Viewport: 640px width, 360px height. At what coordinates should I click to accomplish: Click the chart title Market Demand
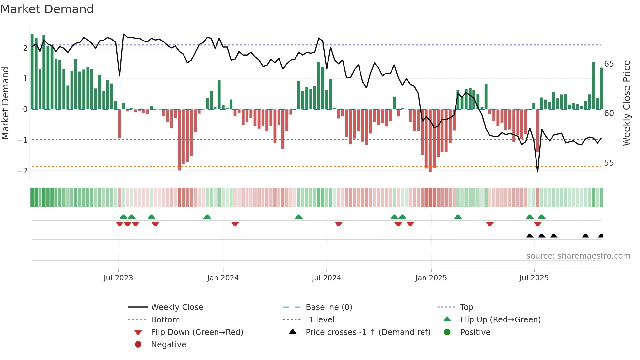[47, 9]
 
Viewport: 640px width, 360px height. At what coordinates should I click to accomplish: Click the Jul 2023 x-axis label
[118, 278]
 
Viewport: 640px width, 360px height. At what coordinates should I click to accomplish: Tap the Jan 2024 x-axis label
[223, 278]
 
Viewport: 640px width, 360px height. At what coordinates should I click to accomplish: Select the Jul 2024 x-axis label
[327, 278]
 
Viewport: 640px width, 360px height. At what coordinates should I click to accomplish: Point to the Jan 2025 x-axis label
[431, 278]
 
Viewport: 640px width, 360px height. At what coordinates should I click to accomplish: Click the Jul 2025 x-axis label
[534, 278]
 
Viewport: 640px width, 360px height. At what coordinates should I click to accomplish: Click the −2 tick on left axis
[22, 171]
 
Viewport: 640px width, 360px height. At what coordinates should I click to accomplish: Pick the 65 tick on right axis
[609, 64]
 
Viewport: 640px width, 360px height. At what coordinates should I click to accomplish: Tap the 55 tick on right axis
[609, 163]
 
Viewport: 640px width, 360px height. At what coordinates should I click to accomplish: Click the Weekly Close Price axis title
[626, 103]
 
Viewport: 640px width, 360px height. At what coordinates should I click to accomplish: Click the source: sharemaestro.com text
[578, 256]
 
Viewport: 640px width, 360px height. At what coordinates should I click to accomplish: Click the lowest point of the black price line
[538, 172]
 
